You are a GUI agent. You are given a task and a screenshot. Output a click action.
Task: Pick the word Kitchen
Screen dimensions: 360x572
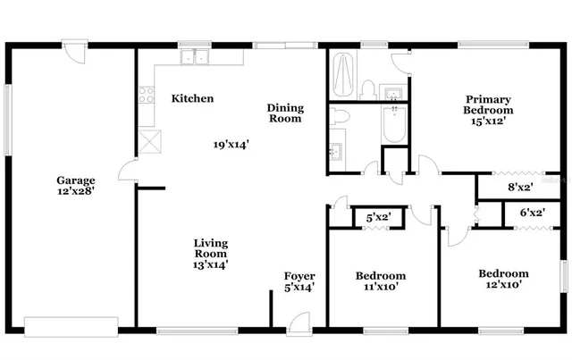(x=192, y=98)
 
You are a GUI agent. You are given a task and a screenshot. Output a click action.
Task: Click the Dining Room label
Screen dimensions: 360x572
(x=285, y=113)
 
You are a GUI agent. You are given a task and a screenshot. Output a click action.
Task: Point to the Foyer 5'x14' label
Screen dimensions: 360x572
(x=299, y=280)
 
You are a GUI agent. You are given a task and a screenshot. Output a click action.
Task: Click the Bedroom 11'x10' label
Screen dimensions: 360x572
(x=381, y=280)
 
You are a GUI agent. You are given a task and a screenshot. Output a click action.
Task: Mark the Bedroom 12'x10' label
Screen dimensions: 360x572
(x=502, y=279)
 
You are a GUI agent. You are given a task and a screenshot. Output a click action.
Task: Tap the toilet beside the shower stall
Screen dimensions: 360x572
(x=367, y=87)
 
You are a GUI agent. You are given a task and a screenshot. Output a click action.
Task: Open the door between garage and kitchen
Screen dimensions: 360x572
(x=128, y=170)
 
